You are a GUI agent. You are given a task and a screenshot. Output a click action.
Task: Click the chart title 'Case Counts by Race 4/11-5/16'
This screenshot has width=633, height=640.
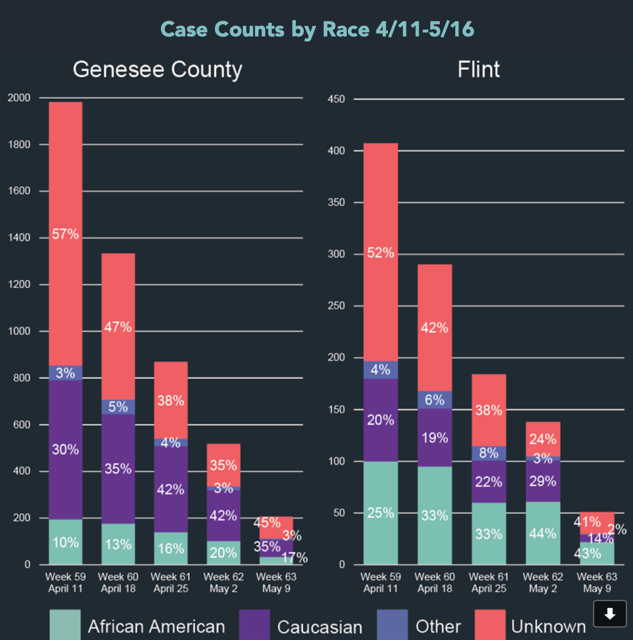point(317,30)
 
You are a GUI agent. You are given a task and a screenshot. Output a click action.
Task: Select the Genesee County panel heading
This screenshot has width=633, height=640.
point(157,69)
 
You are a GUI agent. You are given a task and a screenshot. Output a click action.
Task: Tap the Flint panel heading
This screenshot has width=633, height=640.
point(478,69)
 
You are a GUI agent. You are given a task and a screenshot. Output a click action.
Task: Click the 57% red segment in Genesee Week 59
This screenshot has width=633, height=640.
point(66,234)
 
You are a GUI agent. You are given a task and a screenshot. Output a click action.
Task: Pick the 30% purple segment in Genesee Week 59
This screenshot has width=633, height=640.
point(66,450)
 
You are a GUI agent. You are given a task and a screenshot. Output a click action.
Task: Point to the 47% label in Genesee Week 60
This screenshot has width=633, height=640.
point(118,327)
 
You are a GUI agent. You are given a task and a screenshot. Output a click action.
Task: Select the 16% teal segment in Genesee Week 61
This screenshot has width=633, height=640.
point(171,548)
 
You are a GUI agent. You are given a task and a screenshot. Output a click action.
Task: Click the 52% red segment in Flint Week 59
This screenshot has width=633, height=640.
point(381,253)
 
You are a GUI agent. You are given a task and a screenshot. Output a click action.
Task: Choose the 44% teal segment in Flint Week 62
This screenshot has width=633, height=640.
point(543,533)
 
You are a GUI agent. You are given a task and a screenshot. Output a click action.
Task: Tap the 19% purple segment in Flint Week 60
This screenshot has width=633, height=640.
point(435,437)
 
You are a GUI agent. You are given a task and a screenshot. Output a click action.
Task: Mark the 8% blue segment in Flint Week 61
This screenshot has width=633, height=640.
point(489,453)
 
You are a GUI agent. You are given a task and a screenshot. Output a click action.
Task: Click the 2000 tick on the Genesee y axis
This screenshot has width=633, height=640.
point(19,98)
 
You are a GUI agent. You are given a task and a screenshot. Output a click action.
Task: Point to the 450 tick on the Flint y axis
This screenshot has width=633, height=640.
point(336,99)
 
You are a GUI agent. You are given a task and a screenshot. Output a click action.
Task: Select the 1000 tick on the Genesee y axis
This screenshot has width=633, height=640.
point(19,331)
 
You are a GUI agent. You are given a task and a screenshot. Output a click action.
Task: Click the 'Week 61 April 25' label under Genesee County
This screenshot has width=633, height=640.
point(171,582)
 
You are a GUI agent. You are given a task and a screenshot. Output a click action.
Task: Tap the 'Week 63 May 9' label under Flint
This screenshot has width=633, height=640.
point(597,582)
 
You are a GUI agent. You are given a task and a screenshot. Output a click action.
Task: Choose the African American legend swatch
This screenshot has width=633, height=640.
point(65,625)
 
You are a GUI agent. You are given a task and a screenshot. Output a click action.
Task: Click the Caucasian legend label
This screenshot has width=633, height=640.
point(320,627)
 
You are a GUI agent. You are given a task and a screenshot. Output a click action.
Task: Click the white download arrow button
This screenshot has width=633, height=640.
point(610,614)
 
